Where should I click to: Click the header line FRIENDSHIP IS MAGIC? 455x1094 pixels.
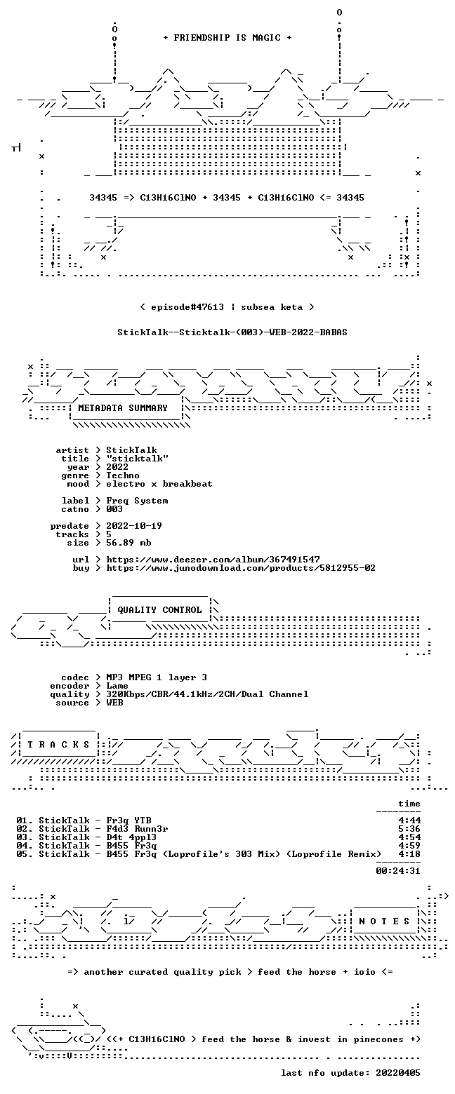[227, 38]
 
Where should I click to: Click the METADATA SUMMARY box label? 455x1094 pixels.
[123, 408]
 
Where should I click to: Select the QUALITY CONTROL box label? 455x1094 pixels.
[159, 610]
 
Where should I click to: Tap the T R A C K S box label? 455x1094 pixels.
[58, 744]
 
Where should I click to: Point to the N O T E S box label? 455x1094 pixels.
[384, 921]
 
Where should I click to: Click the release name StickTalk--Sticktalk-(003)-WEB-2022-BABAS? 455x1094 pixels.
[232, 332]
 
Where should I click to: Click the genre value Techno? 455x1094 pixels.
[123, 475]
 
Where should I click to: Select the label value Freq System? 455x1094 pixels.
[137, 501]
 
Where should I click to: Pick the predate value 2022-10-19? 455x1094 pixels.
[134, 525]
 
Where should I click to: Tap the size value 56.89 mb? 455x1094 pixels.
[128, 543]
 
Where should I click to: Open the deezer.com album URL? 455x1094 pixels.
[213, 559]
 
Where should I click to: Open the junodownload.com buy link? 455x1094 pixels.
[241, 568]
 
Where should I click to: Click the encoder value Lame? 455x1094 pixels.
[117, 686]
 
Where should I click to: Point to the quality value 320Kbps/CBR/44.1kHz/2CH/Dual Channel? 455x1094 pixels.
[207, 694]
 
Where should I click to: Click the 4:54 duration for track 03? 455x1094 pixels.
[409, 837]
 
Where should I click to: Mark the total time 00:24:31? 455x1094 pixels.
[398, 871]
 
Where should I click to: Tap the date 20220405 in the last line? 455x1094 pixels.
[398, 1073]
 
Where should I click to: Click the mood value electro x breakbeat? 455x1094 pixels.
[159, 484]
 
